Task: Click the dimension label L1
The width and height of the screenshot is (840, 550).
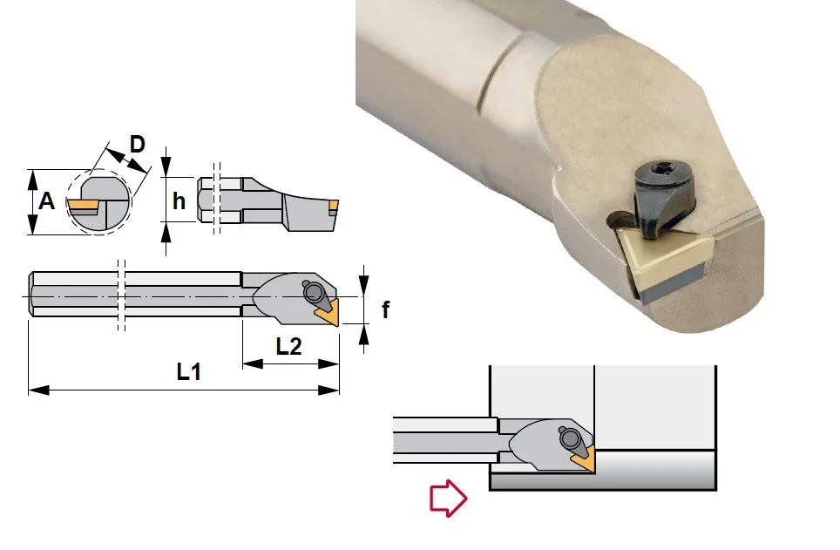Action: [x=189, y=371]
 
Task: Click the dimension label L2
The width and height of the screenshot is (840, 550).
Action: [x=288, y=347]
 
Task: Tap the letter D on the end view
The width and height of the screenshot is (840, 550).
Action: [x=138, y=144]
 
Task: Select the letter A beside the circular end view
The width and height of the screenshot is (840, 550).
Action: [x=46, y=201]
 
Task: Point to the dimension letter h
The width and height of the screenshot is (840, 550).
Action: [x=179, y=201]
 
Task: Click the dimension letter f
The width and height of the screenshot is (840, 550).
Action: [x=385, y=309]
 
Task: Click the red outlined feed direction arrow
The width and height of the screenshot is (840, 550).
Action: [x=449, y=498]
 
